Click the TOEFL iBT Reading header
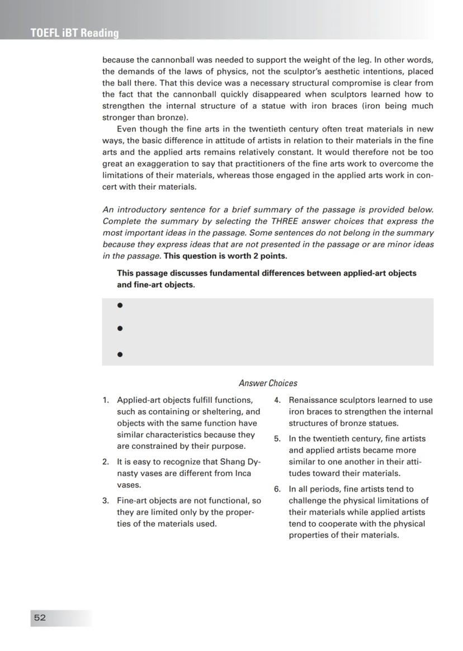[x=74, y=33]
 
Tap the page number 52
[x=40, y=617]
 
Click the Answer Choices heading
[x=268, y=383]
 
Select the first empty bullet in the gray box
[x=120, y=306]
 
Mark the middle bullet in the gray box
[x=120, y=329]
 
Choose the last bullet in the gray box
[x=120, y=354]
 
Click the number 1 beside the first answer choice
[x=105, y=400]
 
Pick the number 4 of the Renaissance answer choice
[x=277, y=400]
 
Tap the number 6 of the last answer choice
[x=277, y=490]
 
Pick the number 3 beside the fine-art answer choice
[x=105, y=501]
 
